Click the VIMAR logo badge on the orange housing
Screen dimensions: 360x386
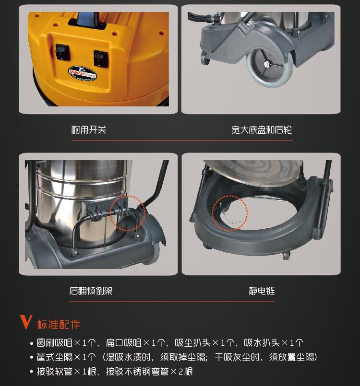coord(82,73)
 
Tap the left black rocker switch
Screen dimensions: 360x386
coord(62,52)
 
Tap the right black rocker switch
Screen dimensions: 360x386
coord(101,58)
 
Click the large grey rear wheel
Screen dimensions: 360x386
coord(270,67)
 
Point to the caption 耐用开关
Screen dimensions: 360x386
coord(89,130)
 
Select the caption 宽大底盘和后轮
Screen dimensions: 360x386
coord(262,130)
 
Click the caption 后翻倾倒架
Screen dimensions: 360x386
coord(91,291)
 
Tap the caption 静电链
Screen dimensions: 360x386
coord(262,291)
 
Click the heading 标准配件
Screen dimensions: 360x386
coord(59,325)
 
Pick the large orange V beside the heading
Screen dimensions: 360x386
coord(26,322)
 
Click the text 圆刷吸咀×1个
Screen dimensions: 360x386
coord(66,343)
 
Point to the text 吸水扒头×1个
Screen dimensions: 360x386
coord(273,343)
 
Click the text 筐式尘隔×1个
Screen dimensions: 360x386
coord(66,357)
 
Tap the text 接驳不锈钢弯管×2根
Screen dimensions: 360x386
coord(149,372)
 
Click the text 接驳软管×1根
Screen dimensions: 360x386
coord(66,372)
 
